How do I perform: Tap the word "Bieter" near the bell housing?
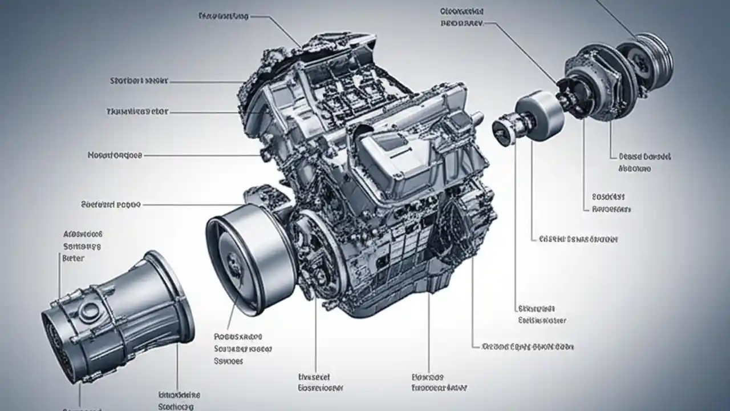coord(72,258)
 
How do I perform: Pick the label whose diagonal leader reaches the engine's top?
coord(224,17)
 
